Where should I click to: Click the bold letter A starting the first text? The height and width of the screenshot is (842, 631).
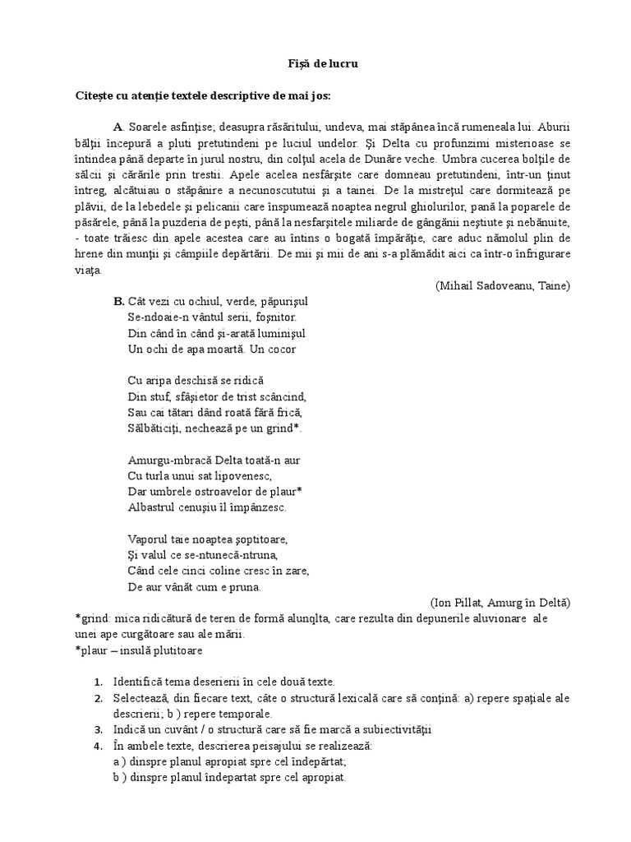point(117,127)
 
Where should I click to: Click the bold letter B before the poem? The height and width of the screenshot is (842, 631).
point(118,301)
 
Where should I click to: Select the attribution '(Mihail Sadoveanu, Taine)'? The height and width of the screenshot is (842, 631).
point(502,285)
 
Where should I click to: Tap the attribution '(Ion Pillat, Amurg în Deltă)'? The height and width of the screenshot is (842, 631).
point(500,601)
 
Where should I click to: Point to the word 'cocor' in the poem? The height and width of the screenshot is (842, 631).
point(280,348)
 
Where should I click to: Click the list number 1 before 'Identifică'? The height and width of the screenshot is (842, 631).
point(98,682)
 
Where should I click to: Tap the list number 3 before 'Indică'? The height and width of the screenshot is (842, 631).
point(98,729)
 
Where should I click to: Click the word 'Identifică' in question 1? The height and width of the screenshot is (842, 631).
point(139,682)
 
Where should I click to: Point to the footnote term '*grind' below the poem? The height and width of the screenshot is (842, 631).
point(90,618)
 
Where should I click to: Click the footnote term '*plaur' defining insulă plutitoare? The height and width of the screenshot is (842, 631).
point(90,650)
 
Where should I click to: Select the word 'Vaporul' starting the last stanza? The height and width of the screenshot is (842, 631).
point(149,539)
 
